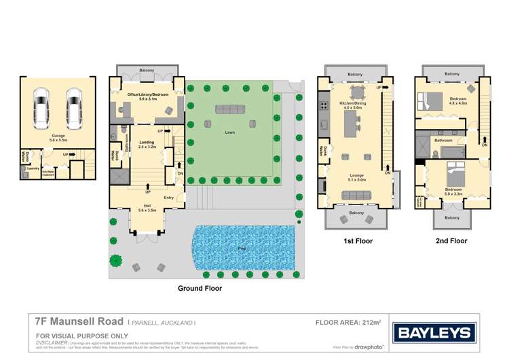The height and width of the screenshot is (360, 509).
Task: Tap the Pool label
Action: click(x=242, y=249)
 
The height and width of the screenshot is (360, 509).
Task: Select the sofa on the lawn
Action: click(x=231, y=109)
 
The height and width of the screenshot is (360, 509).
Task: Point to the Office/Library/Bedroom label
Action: click(x=147, y=95)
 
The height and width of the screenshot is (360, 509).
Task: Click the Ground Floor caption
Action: click(x=200, y=288)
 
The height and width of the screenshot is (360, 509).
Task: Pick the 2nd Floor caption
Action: click(x=451, y=240)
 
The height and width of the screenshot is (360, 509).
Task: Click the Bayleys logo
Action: click(x=436, y=333)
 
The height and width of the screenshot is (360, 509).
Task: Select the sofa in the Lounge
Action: click(x=356, y=195)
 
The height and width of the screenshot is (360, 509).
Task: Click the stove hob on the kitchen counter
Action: click(x=322, y=105)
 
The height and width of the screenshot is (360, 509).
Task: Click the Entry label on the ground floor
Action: click(x=169, y=198)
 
